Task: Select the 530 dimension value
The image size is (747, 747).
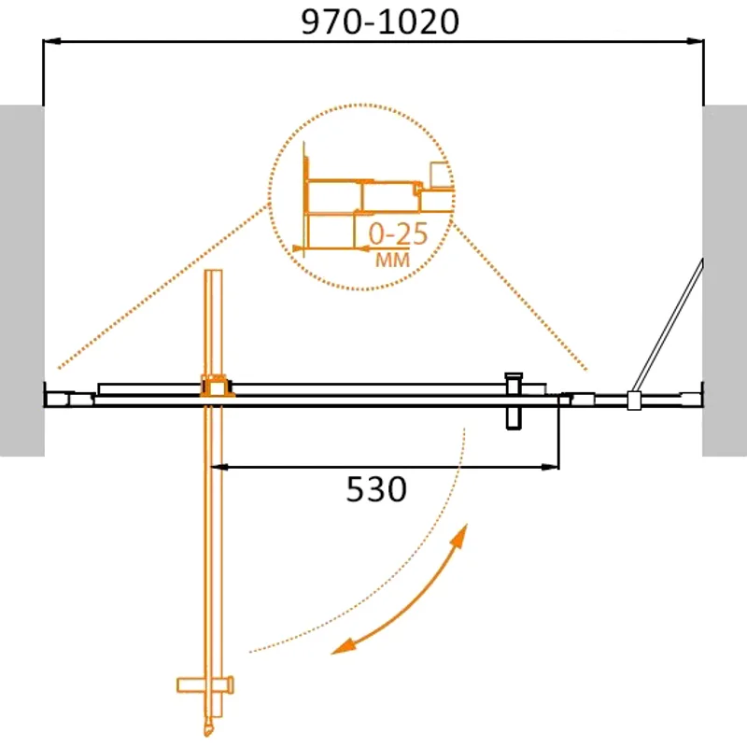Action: tap(377, 488)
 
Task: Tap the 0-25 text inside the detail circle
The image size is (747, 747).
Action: tap(398, 233)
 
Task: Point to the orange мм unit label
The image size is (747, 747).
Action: tap(392, 261)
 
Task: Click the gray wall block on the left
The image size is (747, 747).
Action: tap(21, 280)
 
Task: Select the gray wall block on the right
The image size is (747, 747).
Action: tap(725, 280)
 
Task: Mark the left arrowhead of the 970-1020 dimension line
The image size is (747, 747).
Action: tap(52, 41)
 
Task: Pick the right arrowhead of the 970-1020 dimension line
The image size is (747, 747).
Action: tap(695, 41)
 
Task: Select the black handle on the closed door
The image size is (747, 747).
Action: tap(513, 402)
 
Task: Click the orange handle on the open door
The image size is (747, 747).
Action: tap(204, 685)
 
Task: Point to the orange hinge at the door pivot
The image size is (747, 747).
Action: tap(215, 387)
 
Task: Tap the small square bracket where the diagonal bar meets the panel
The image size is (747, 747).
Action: tap(634, 401)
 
